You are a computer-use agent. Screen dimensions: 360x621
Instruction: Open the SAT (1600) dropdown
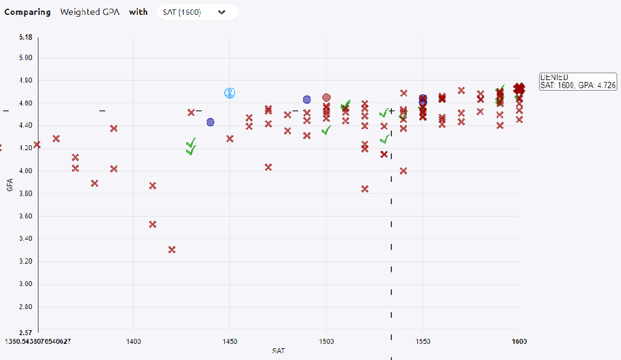(197, 12)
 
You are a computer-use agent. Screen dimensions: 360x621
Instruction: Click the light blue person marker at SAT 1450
(230, 93)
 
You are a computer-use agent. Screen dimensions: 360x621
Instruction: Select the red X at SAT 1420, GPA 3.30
(172, 250)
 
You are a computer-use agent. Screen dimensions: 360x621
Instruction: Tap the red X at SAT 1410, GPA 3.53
(153, 224)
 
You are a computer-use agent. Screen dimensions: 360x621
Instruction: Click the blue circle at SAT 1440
(211, 122)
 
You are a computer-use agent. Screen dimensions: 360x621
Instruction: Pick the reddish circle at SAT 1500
(327, 97)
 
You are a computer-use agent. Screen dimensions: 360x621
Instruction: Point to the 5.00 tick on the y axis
(25, 58)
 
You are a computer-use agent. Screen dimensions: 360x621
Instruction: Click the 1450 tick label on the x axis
(230, 341)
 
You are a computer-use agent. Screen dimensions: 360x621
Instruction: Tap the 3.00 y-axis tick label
(25, 284)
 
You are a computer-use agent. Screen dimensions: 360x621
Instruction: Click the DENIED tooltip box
(578, 81)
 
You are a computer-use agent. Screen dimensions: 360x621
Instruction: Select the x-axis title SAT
(279, 351)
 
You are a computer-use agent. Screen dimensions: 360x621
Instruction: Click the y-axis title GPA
(10, 185)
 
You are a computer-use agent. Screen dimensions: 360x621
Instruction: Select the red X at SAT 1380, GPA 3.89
(94, 183)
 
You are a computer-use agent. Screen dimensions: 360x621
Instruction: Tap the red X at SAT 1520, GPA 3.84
(365, 189)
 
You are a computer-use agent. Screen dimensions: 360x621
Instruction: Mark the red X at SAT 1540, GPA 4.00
(404, 171)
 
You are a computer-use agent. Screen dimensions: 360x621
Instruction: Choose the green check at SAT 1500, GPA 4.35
(327, 130)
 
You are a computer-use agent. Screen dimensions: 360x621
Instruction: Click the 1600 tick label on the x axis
(519, 341)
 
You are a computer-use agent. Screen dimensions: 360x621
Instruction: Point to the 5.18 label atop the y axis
(25, 37)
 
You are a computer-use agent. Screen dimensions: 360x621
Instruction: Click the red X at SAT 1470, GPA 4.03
(268, 167)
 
